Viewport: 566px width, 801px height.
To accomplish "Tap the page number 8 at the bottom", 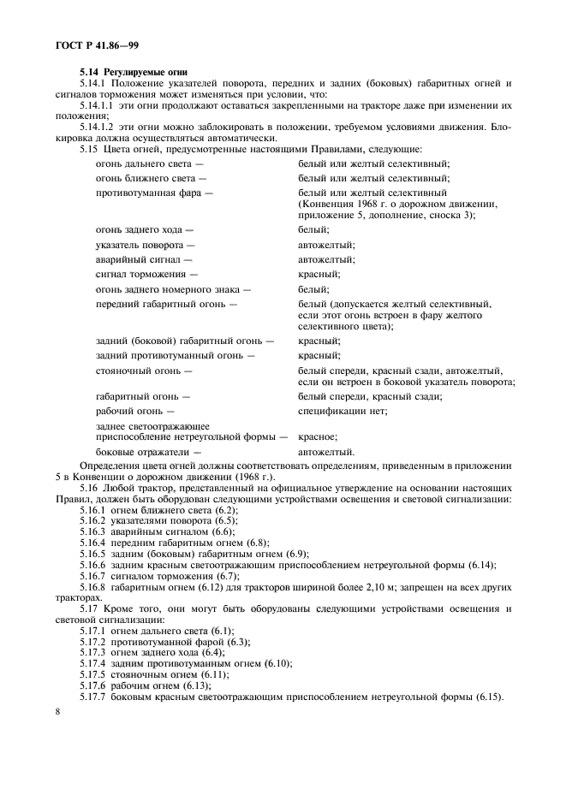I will [58, 711].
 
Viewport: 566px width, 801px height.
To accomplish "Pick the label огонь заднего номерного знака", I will [168, 289].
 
